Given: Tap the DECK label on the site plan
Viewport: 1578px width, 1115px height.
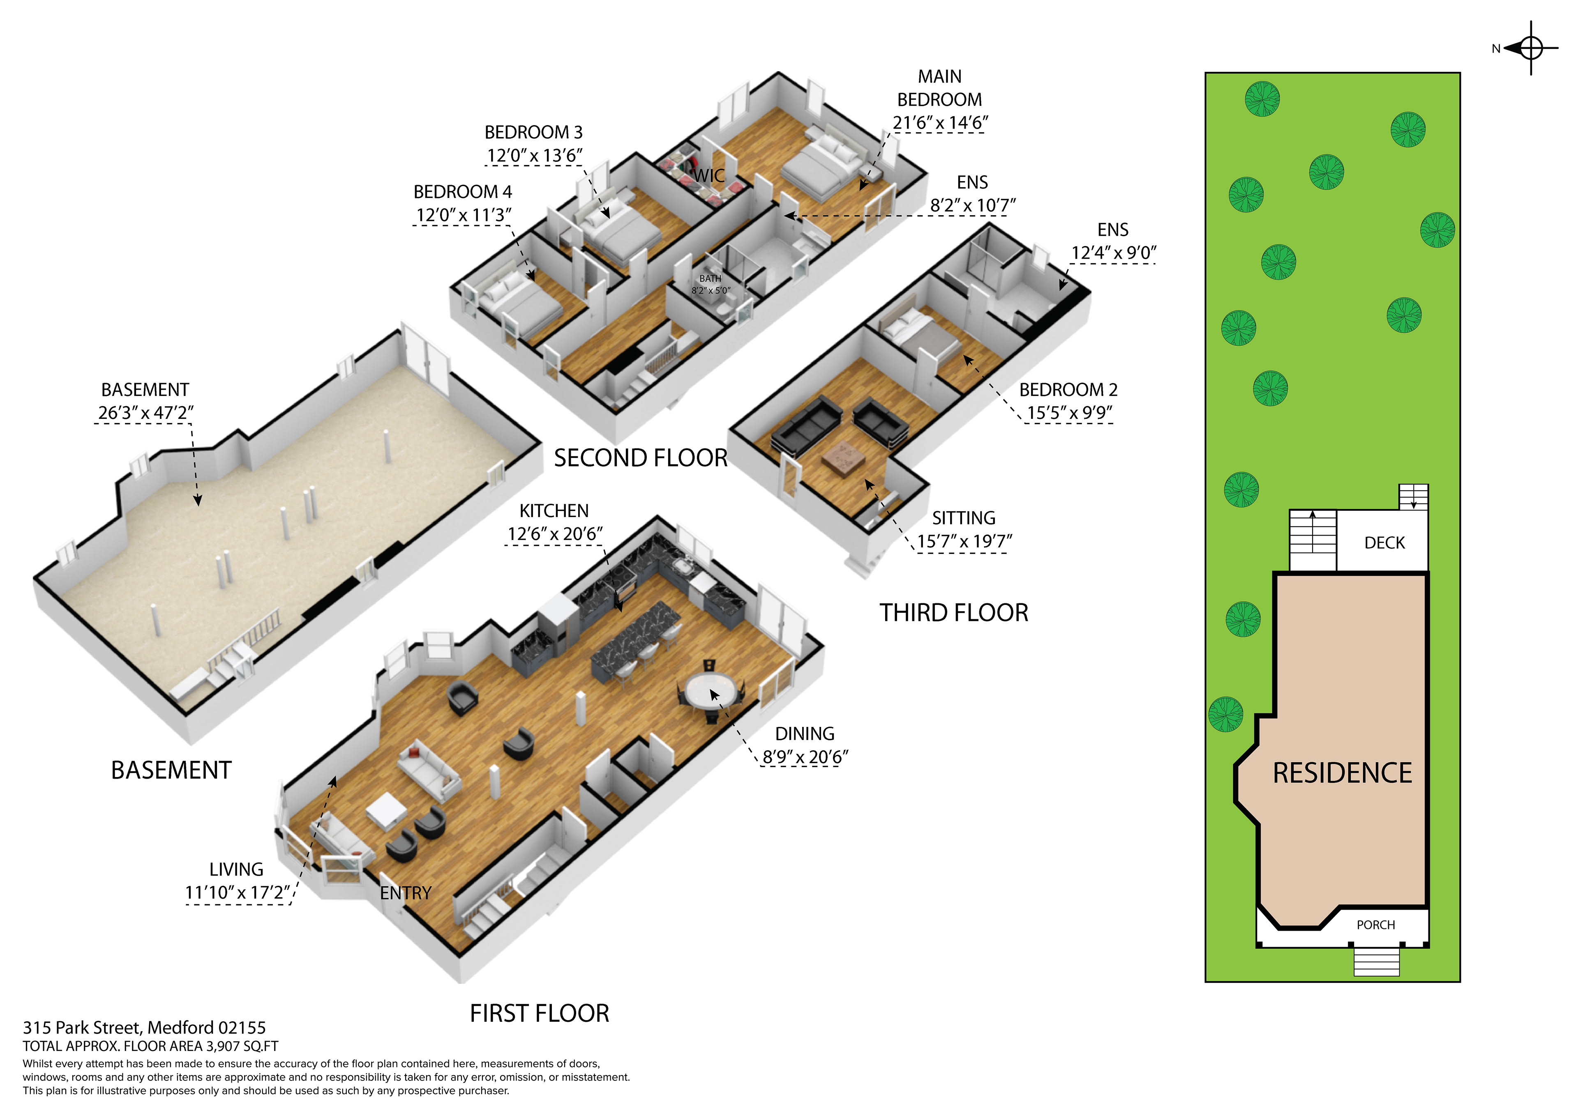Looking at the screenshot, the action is (x=1384, y=543).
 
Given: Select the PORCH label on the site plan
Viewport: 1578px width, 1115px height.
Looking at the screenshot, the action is (x=1375, y=925).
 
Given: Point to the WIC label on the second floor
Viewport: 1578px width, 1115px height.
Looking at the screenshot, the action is (x=708, y=176).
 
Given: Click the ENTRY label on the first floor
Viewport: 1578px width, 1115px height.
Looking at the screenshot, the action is (x=406, y=893).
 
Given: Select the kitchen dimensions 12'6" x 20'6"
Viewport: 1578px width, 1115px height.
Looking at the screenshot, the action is (x=555, y=534).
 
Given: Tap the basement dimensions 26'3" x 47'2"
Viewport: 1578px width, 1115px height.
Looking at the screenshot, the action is (x=146, y=413).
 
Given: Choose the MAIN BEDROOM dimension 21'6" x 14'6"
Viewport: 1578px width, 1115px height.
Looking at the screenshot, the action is (x=939, y=123).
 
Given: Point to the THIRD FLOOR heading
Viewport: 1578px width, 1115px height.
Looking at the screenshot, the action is (x=954, y=613).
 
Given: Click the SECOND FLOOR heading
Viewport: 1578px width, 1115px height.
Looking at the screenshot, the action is (x=641, y=458).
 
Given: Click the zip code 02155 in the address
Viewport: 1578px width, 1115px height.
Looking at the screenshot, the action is (x=242, y=1028).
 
